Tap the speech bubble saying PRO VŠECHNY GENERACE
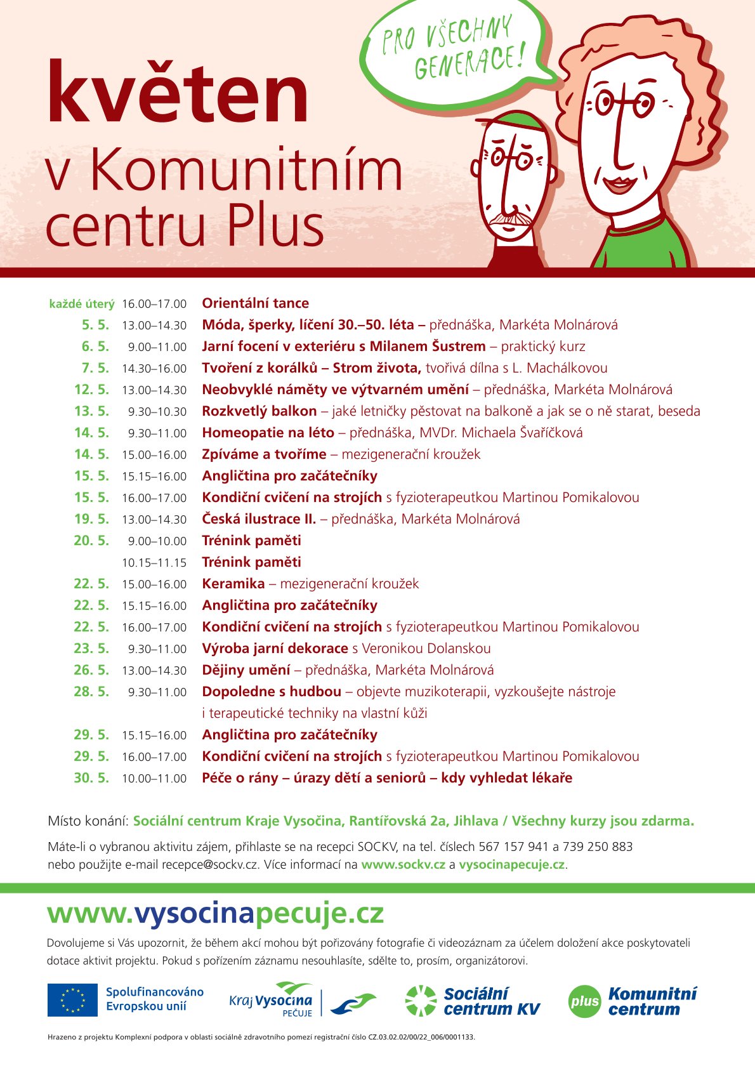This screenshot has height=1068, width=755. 454,51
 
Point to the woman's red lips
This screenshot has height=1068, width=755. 619,185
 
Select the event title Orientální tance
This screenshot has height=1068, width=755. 255,303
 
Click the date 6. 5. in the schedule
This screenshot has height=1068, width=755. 95,346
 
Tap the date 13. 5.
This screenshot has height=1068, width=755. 91,411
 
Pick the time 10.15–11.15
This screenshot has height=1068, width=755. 154,563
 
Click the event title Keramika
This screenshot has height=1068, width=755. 233,584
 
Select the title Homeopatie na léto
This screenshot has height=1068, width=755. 268,433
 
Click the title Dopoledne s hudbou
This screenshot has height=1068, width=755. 272,692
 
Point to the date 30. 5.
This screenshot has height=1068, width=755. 91,778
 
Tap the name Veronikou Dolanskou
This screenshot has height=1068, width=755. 426,649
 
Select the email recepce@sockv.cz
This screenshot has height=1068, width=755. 209,864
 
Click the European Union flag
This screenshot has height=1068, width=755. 72,1000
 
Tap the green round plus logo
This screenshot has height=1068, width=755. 584,1001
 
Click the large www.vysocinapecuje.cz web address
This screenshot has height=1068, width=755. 216,914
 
